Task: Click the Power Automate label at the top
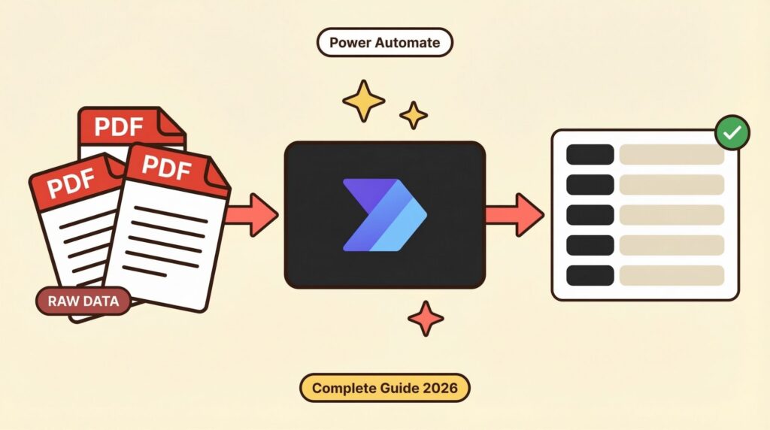(384, 42)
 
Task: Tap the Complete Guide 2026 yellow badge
(384, 389)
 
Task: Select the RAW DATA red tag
(83, 301)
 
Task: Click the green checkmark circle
(731, 134)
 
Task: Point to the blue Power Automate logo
(384, 215)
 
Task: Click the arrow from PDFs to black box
(252, 214)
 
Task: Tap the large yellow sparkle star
(364, 101)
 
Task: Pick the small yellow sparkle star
(414, 115)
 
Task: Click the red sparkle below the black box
(426, 319)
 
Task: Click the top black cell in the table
(590, 155)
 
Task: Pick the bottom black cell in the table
(590, 275)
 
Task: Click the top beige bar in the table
(671, 155)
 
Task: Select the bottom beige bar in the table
(671, 275)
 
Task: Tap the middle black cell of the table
(590, 215)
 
